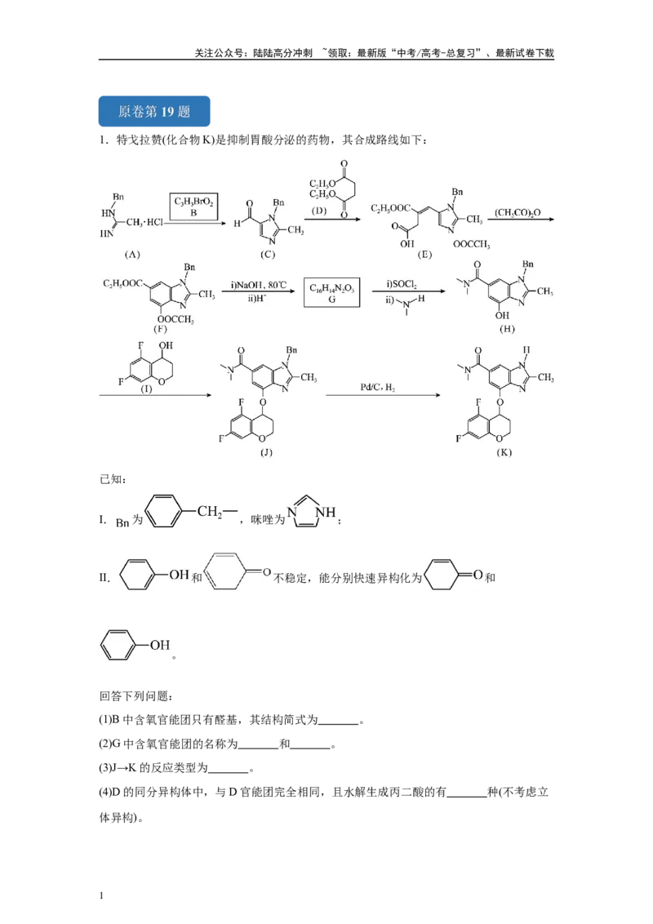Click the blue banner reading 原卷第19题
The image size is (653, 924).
pos(153,111)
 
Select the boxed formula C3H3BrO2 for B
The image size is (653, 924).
pos(193,207)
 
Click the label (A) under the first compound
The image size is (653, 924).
pos(132,255)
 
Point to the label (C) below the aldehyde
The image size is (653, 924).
pos(268,255)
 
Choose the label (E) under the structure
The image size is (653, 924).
pos(424,255)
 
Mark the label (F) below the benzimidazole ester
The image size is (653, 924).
pos(160,329)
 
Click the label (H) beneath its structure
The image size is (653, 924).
pos(507,329)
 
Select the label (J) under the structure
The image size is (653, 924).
pos(266,452)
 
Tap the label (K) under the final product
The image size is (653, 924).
pos(504,452)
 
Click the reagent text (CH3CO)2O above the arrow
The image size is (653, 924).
pos(518,213)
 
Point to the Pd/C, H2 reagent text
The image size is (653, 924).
pos(378,387)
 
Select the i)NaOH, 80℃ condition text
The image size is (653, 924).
pos(259,285)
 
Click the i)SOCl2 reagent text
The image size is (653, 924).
pos(402,285)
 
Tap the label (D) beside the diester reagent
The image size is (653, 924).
pos(319,211)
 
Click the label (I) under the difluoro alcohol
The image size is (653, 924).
pos(146,389)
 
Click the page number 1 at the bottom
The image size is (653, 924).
pos(101,895)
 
